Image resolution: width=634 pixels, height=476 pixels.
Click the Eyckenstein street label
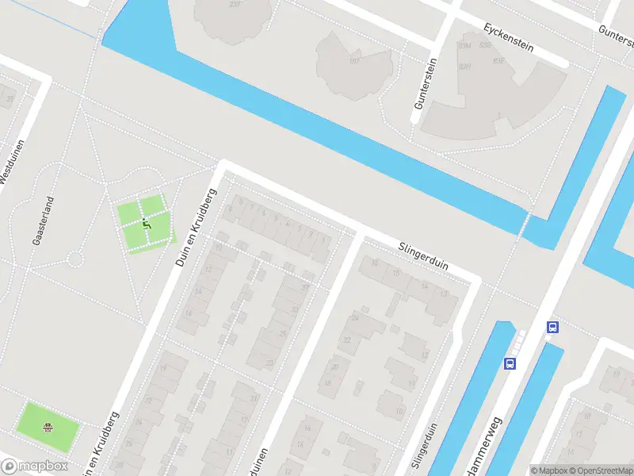click(x=508, y=37)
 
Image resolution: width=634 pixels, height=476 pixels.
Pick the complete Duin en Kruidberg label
click(x=193, y=226)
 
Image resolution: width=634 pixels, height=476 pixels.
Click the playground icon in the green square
click(x=146, y=223)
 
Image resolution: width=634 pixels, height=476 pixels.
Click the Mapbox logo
click(x=33, y=466)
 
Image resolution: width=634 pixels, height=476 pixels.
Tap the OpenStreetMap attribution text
click(x=600, y=470)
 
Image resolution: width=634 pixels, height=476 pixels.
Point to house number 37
click(x=306, y=287)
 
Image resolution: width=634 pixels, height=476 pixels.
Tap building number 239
click(x=235, y=4)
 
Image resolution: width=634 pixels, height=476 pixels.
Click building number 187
click(x=353, y=60)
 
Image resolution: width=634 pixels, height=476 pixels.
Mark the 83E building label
click(x=498, y=60)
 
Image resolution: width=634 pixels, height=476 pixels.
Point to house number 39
click(x=10, y=98)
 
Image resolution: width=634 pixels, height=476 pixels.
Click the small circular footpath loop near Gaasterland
click(x=75, y=259)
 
